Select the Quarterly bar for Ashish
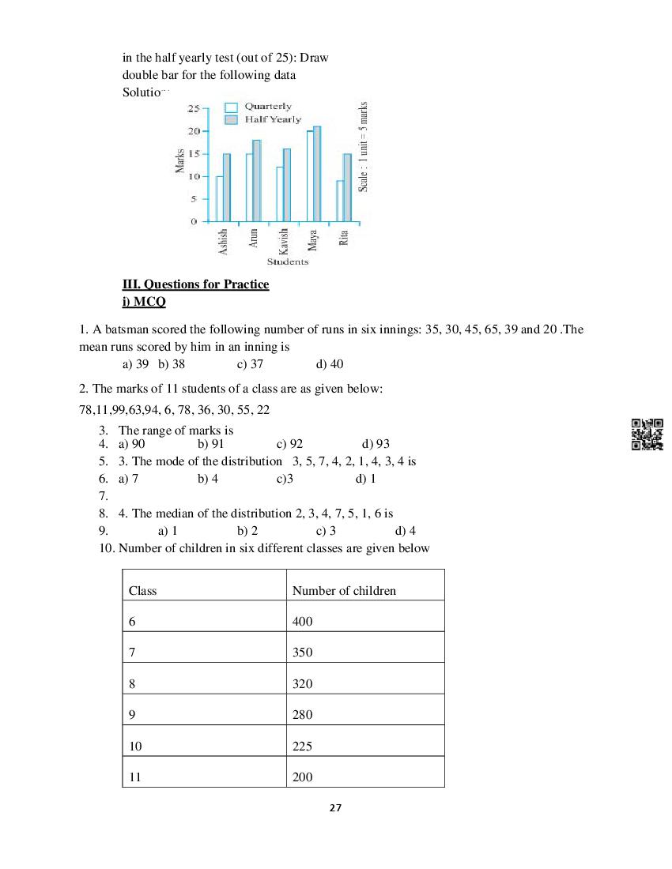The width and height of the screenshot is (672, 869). [219, 198]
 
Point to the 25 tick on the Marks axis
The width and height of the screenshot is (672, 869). [193, 107]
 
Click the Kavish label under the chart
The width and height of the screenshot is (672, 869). [284, 240]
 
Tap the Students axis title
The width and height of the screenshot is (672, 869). [288, 261]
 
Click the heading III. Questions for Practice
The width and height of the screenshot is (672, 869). [196, 284]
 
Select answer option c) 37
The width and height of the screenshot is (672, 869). [250, 364]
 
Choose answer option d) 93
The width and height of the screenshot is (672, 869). [376, 444]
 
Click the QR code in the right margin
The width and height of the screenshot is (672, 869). [647, 434]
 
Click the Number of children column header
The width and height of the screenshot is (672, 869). [344, 590]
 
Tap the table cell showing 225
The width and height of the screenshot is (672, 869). [302, 746]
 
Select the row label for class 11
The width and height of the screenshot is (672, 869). [135, 777]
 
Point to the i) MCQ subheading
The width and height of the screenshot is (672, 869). [144, 302]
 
